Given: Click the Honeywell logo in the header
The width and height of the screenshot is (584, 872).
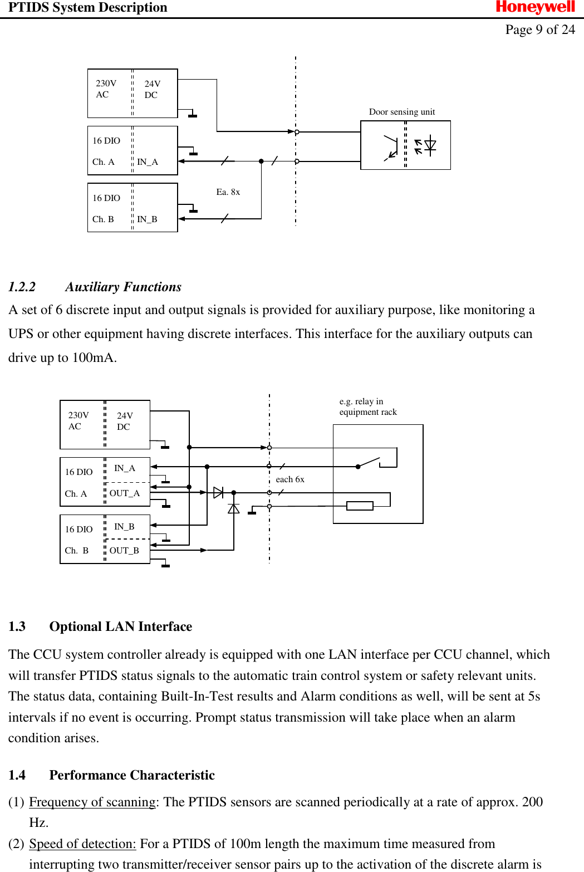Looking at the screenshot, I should click(535, 8).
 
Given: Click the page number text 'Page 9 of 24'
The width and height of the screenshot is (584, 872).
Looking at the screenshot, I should click(539, 30).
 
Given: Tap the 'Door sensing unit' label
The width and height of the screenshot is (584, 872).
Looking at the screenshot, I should click(401, 112).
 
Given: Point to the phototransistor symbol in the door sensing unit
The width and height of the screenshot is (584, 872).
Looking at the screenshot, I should click(391, 148).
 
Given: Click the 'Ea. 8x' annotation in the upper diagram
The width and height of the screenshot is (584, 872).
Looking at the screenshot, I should click(228, 192).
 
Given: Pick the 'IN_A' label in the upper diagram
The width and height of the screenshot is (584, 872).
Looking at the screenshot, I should click(148, 162).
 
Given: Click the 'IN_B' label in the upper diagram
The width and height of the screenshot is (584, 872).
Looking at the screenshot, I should click(147, 219).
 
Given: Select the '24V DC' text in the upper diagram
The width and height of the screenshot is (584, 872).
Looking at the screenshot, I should click(152, 90).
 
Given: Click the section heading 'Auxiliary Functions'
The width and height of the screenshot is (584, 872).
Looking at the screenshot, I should click(123, 287).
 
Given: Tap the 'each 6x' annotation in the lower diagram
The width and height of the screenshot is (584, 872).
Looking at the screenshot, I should click(290, 479).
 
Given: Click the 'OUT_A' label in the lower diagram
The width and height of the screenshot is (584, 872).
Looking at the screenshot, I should click(124, 493).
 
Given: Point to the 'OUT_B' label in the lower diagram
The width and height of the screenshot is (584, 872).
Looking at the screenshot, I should click(124, 551).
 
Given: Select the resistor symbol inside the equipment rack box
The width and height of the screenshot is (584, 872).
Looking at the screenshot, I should click(360, 506).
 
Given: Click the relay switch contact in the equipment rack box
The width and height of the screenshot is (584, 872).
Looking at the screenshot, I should click(369, 463).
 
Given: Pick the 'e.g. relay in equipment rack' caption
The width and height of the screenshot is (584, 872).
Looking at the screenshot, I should click(368, 407).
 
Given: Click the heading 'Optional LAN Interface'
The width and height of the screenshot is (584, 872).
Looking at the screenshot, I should click(120, 626).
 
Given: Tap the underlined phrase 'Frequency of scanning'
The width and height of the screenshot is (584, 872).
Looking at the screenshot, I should click(92, 802).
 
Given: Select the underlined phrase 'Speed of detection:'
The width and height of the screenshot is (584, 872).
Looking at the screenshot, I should click(82, 844).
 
